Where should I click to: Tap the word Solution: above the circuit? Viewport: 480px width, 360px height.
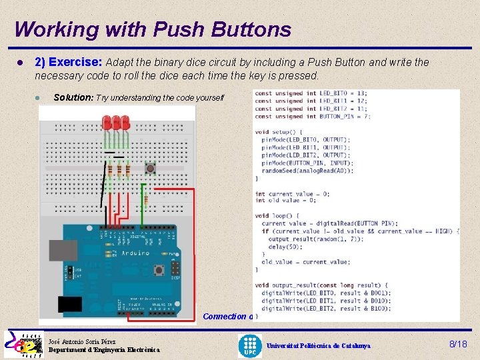coord(73,97)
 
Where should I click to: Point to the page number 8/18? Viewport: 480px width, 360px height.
coord(458,344)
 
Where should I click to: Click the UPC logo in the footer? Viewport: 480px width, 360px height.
coord(250,345)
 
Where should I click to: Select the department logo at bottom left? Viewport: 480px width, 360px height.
coord(23,345)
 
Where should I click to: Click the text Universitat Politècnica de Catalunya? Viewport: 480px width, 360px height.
coord(318,346)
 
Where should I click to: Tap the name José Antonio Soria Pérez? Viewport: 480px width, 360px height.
coord(82,341)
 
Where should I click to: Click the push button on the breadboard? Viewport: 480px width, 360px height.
coord(151,168)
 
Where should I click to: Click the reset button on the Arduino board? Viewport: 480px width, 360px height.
coord(160,270)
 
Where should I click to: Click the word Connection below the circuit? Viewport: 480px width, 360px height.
coord(224,317)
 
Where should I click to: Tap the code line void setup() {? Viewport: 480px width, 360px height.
coord(279,132)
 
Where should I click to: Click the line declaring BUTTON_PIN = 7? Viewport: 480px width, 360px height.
coord(312,116)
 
